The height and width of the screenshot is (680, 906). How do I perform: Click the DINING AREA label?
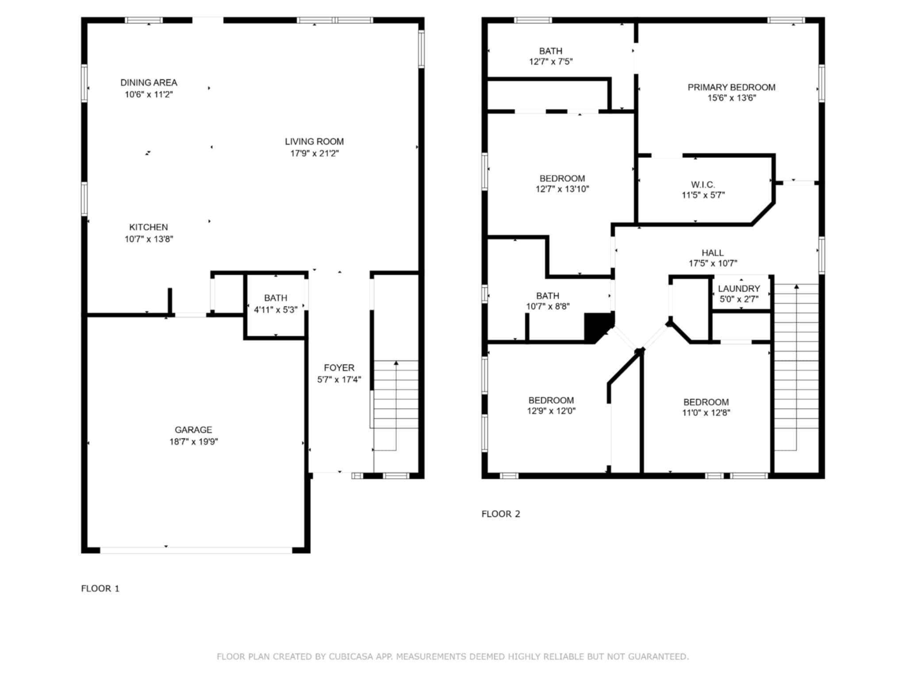[149, 83]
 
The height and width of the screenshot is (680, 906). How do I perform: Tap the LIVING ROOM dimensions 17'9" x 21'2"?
[314, 154]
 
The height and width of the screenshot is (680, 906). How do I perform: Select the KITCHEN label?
[148, 227]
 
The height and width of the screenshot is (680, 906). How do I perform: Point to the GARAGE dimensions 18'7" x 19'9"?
[193, 442]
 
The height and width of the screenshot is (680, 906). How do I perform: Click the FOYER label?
[339, 368]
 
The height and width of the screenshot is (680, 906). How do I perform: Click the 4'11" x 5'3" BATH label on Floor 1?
[276, 298]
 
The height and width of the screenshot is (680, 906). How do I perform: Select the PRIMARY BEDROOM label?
[731, 88]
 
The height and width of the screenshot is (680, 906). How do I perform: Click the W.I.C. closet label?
[703, 185]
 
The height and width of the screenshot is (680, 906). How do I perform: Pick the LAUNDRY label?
[739, 289]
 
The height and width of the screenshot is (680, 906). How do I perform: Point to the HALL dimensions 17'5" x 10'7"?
[713, 264]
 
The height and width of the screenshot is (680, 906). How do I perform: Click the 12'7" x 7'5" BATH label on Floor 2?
[550, 51]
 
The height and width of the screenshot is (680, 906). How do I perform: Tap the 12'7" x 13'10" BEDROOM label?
[562, 179]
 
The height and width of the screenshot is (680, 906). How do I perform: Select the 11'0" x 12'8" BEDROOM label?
[706, 402]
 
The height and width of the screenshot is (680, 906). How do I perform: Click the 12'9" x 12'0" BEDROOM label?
[551, 400]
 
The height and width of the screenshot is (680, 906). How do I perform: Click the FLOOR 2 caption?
[501, 514]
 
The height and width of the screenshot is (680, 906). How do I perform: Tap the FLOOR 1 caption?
[100, 588]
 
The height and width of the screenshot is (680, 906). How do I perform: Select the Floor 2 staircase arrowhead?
[796, 287]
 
